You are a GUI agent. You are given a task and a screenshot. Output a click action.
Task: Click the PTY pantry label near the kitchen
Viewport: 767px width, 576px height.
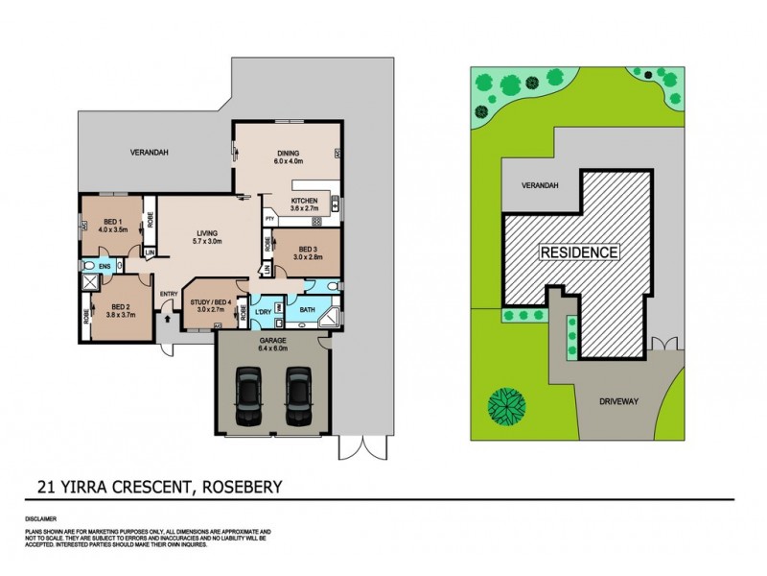(x=270, y=220)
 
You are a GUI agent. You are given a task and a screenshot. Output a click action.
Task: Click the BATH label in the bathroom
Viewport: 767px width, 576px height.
(x=308, y=310)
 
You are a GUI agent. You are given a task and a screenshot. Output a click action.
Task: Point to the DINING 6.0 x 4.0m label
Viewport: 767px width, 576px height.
(x=288, y=157)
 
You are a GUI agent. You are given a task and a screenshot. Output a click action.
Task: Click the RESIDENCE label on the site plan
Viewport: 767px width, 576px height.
(x=578, y=252)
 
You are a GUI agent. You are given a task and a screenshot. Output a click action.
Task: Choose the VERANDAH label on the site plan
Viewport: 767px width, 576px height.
(x=541, y=185)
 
